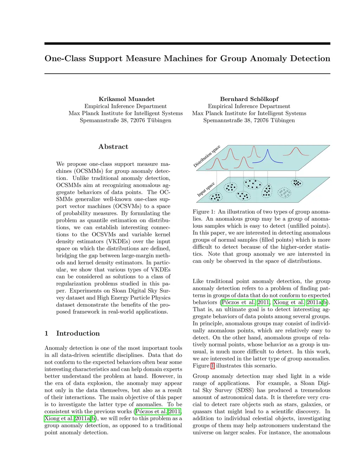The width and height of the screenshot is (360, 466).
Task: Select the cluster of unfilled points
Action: pyautogui.click(x=284, y=192)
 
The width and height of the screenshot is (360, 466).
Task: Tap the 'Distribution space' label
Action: pyautogui.click(x=207, y=156)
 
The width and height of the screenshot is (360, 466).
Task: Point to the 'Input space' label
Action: pyautogui.click(x=206, y=190)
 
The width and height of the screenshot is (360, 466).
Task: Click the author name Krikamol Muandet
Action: pyautogui.click(x=127, y=99)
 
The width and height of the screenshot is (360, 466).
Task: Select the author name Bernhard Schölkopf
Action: pyautogui.click(x=249, y=99)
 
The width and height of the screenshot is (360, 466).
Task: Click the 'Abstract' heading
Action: pyautogui.click(x=113, y=147)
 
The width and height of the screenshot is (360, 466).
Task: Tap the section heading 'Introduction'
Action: pyautogui.click(x=78, y=333)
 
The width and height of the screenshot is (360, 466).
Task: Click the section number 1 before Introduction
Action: pyautogui.click(x=46, y=333)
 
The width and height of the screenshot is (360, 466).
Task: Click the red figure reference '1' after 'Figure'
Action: pyautogui.click(x=212, y=366)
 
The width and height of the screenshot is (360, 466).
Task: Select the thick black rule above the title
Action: pyautogui.click(x=187, y=44)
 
